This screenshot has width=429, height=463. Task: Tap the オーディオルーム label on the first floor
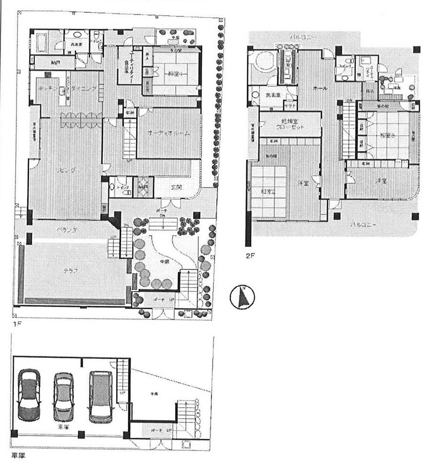click(168, 134)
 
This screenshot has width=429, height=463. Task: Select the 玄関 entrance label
click(176, 187)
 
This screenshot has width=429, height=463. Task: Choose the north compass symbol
click(242, 297)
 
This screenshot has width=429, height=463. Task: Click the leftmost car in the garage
click(30, 396)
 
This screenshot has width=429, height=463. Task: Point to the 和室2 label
click(268, 192)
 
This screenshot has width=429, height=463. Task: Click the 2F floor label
click(250, 256)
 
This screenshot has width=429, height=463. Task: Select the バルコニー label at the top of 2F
click(303, 36)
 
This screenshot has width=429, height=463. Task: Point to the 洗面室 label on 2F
click(273, 95)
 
